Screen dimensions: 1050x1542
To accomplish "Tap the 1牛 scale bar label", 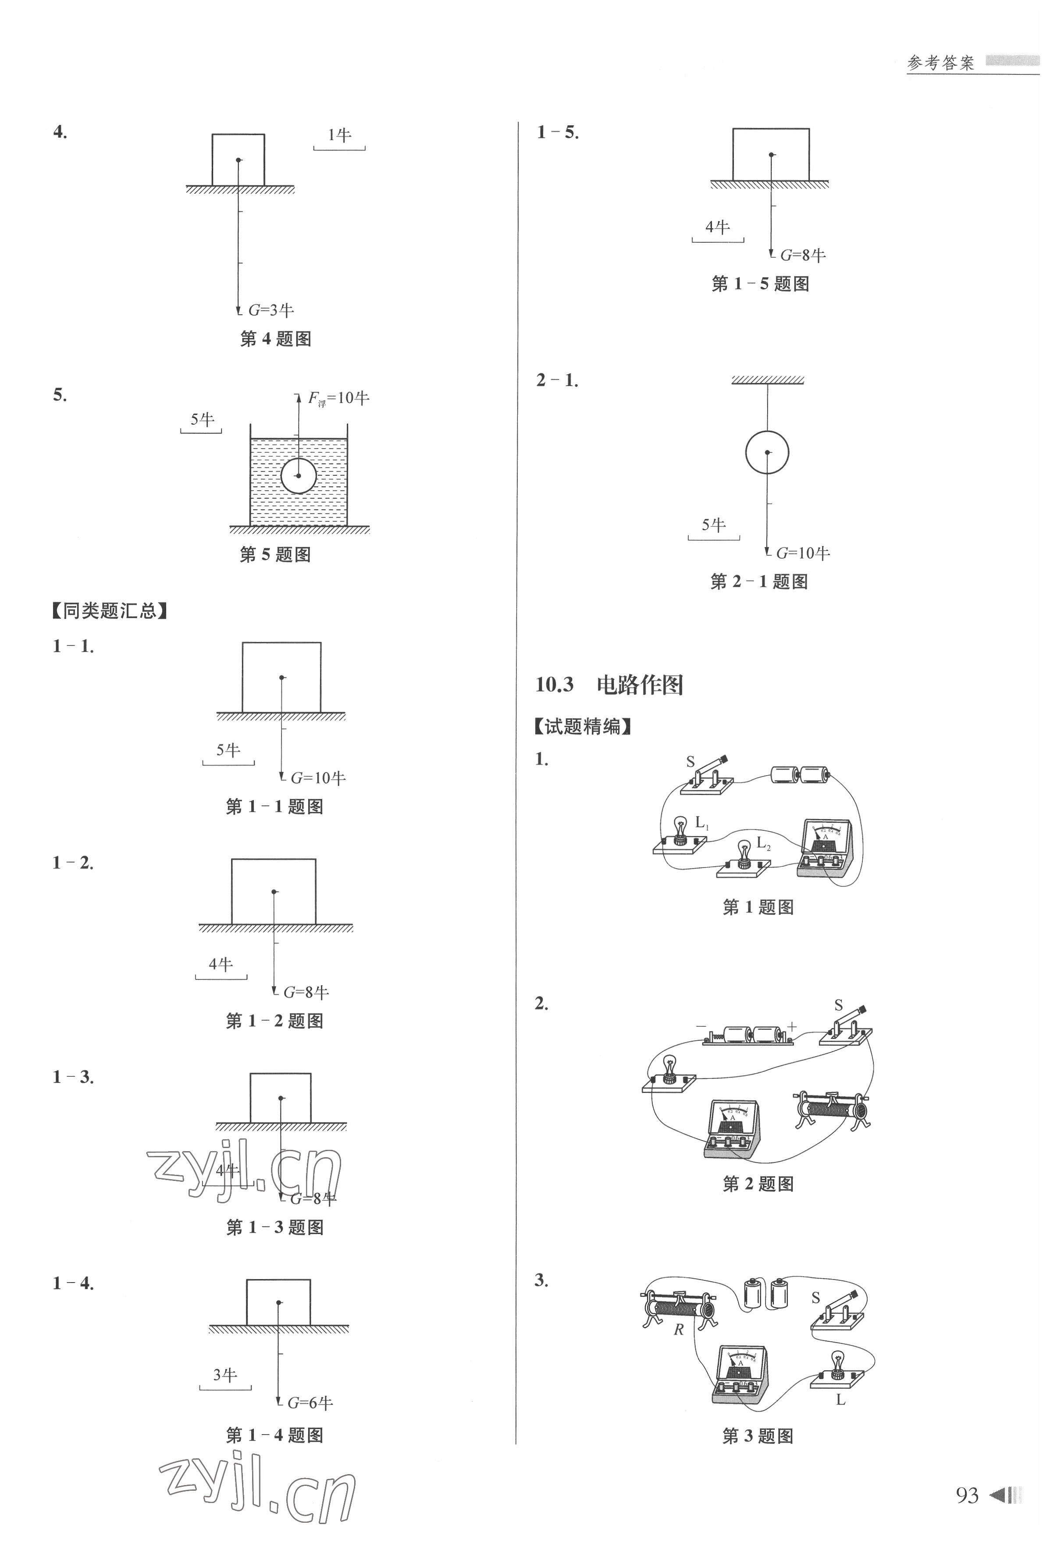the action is click(x=339, y=135).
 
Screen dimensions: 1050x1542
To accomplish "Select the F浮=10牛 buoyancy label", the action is click(x=338, y=398).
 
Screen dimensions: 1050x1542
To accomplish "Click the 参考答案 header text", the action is click(x=940, y=63).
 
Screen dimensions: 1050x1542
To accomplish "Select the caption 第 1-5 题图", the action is click(x=760, y=284).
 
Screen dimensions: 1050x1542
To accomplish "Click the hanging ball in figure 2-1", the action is click(x=767, y=453).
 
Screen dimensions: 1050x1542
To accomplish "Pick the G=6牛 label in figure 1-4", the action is click(x=310, y=1402).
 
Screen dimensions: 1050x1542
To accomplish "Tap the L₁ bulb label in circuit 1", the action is click(x=701, y=823).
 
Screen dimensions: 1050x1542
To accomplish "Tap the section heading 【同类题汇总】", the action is click(x=110, y=610).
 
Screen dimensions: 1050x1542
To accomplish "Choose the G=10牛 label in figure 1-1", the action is click(x=318, y=778).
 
